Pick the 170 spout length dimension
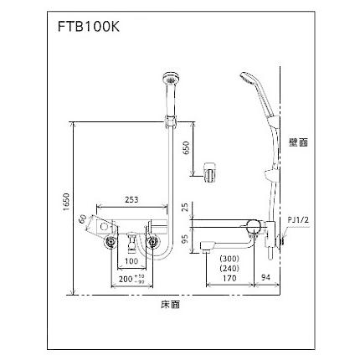click(x=228, y=281)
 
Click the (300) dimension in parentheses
click(x=227, y=260)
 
